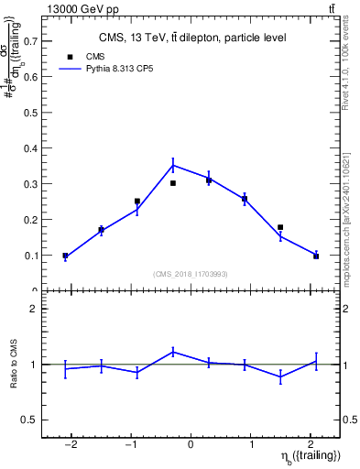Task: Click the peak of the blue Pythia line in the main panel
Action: click(x=173, y=166)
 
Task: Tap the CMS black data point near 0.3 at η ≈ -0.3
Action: click(x=173, y=183)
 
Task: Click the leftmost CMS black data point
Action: click(x=65, y=256)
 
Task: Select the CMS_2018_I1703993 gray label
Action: click(x=191, y=273)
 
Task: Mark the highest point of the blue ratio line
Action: click(x=173, y=351)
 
